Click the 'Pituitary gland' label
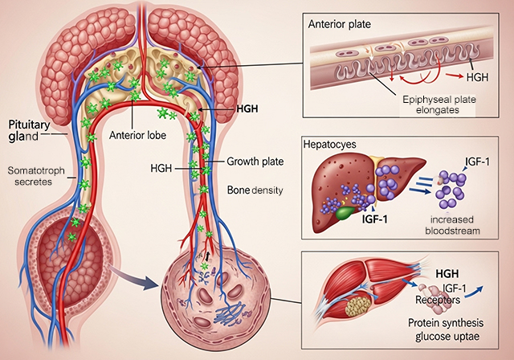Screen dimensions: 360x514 click(x=30, y=131)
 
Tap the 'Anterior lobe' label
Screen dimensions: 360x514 click(x=138, y=135)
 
